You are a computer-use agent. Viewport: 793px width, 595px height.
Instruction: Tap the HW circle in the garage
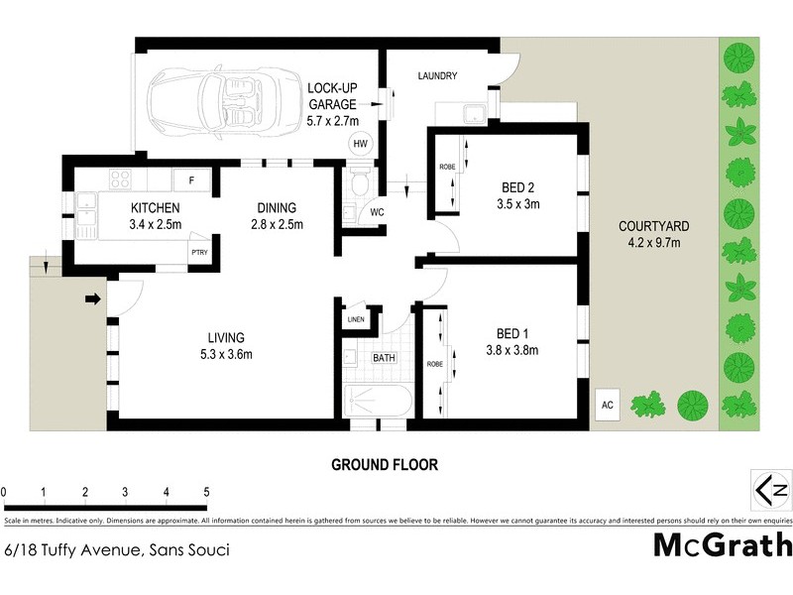point(359,143)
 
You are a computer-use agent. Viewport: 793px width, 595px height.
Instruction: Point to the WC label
point(377,212)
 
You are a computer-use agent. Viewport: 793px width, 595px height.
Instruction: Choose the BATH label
point(384,357)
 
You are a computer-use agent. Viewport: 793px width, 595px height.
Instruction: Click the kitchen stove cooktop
point(121,179)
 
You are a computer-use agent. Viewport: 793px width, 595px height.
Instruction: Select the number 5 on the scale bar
point(206,492)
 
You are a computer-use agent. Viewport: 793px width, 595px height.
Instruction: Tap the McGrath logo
point(723,545)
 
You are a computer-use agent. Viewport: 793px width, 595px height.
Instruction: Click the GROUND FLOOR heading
point(384,463)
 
